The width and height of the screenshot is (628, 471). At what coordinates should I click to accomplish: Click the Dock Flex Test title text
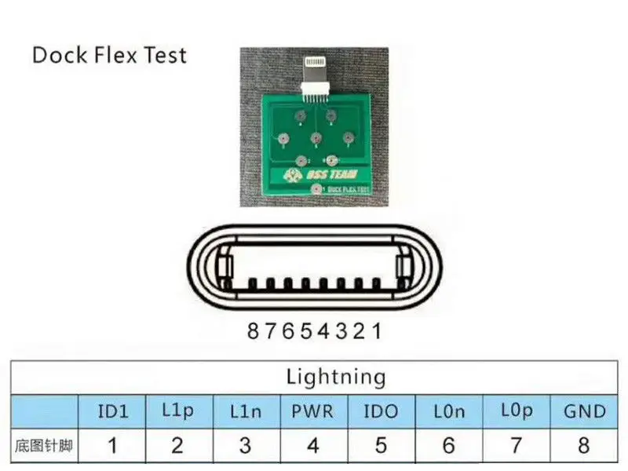pyautogui.click(x=109, y=56)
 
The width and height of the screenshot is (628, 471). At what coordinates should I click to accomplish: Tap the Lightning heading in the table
pyautogui.click(x=336, y=377)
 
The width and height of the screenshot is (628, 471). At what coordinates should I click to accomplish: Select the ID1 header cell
pyautogui.click(x=112, y=411)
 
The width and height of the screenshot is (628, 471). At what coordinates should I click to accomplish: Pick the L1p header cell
pyautogui.click(x=177, y=411)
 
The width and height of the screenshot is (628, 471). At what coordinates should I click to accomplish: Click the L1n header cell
pyautogui.click(x=245, y=411)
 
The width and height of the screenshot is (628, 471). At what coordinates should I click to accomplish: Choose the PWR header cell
pyautogui.click(x=312, y=411)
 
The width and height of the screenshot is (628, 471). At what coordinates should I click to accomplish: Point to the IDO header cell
pyautogui.click(x=381, y=411)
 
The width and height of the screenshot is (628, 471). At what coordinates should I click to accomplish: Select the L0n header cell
pyautogui.click(x=448, y=411)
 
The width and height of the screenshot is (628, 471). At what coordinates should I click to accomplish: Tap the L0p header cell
pyautogui.click(x=516, y=411)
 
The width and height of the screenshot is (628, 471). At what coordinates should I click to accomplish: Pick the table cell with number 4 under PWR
pyautogui.click(x=312, y=446)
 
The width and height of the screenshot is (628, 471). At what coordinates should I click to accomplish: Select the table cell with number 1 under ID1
pyautogui.click(x=112, y=446)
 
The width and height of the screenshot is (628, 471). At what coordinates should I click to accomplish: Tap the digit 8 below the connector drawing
pyautogui.click(x=253, y=331)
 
